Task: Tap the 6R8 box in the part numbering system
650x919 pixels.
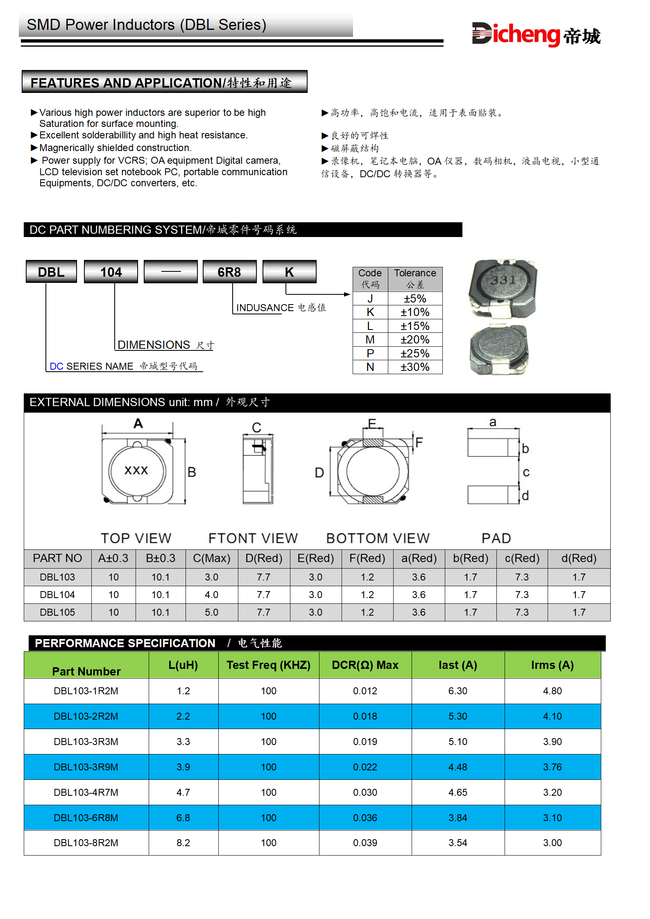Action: (x=229, y=272)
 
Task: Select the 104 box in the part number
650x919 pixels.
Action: (x=111, y=272)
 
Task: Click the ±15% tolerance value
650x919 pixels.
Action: (x=415, y=326)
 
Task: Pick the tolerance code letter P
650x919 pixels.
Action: (x=370, y=354)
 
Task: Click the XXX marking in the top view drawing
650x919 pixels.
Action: (x=136, y=470)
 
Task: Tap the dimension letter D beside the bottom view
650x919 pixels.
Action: (x=319, y=473)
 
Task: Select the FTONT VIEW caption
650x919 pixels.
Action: (x=253, y=538)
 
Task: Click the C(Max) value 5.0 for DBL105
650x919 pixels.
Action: (x=211, y=612)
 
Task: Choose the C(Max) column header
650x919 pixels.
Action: (x=211, y=558)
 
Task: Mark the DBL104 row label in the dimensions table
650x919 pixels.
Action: (x=57, y=595)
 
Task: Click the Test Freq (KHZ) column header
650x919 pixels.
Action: (x=268, y=665)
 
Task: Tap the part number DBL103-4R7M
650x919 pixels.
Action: (x=86, y=793)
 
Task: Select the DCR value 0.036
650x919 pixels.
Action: (x=365, y=818)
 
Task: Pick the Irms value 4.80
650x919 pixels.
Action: (x=552, y=691)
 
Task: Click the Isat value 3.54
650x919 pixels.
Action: (x=457, y=843)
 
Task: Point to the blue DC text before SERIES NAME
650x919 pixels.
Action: (x=57, y=366)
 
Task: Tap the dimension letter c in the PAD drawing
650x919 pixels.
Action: (x=526, y=472)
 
